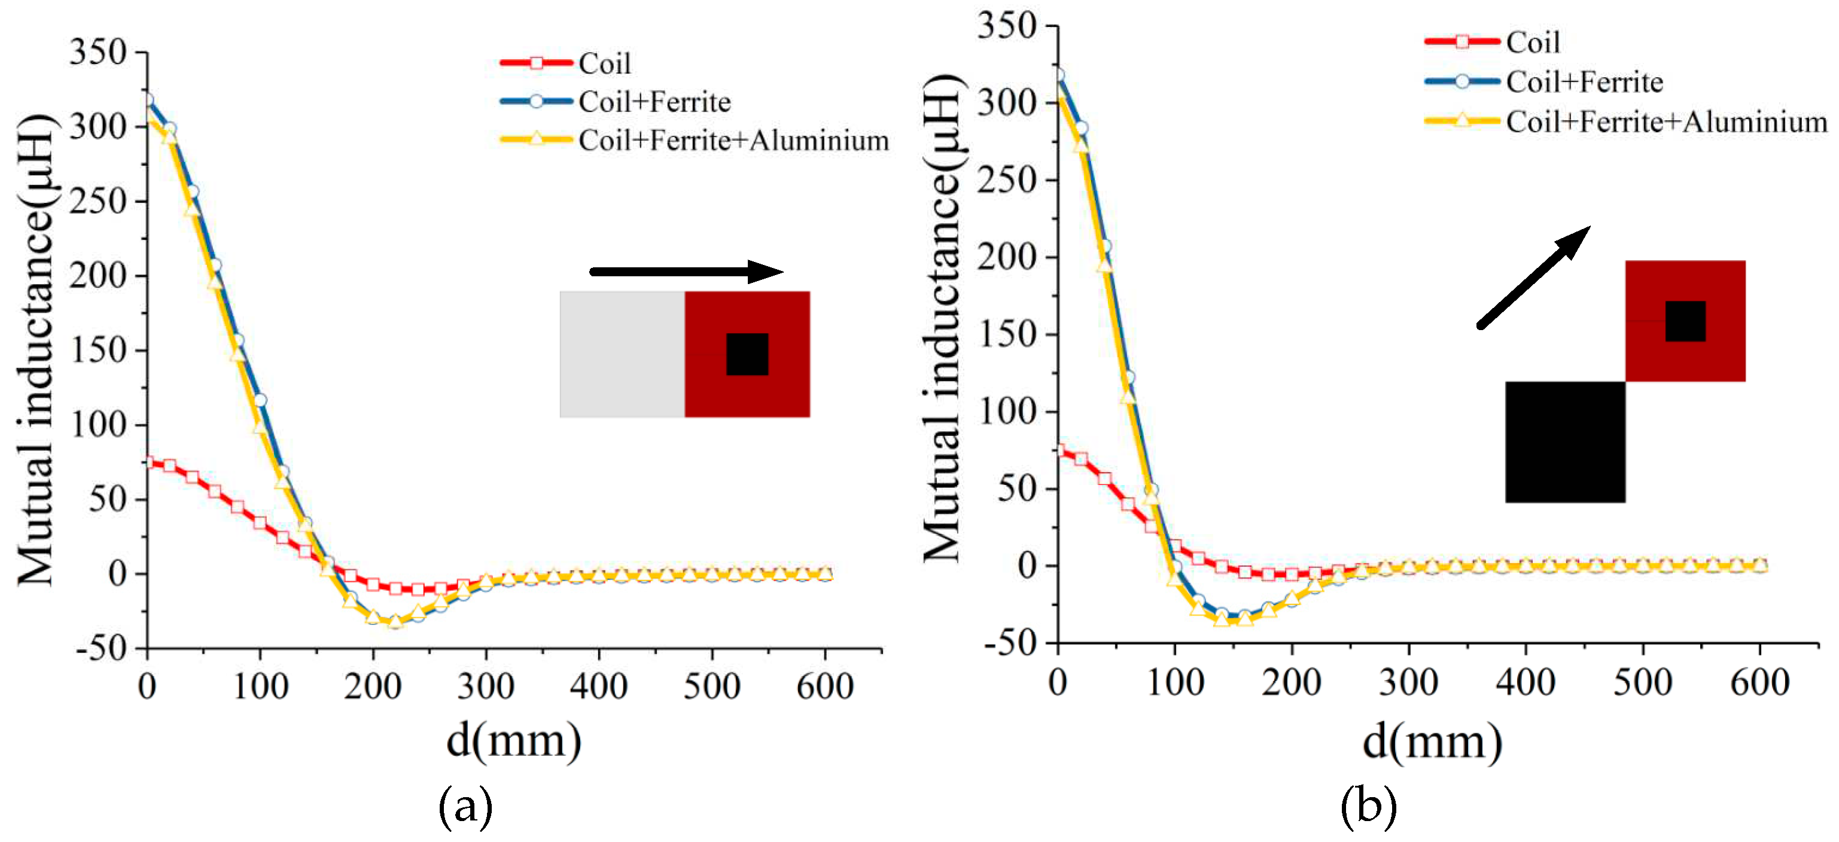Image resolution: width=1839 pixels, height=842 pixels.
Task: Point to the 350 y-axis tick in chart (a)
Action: tap(98, 52)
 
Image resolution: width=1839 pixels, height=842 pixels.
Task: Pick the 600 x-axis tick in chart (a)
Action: tap(824, 687)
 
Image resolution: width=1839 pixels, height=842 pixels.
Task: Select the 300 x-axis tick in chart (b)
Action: tap(1408, 682)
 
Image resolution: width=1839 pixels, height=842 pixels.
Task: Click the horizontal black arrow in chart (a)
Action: tap(686, 271)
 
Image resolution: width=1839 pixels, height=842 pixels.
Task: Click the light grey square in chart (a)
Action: tap(622, 354)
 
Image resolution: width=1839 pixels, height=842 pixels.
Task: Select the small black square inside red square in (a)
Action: tap(747, 354)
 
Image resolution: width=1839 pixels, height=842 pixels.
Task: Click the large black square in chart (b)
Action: tap(1565, 442)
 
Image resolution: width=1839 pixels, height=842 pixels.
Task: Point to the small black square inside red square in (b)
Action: tap(1685, 321)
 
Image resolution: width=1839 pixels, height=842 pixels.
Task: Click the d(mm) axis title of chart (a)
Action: tap(513, 742)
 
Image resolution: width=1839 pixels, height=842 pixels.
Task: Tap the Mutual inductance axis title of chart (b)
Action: tap(942, 318)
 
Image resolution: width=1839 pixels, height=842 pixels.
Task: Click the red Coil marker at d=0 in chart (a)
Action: tap(148, 462)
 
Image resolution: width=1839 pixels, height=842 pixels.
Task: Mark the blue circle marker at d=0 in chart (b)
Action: tap(1058, 75)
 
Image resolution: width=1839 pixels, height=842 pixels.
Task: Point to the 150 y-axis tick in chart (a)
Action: tap(98, 350)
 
